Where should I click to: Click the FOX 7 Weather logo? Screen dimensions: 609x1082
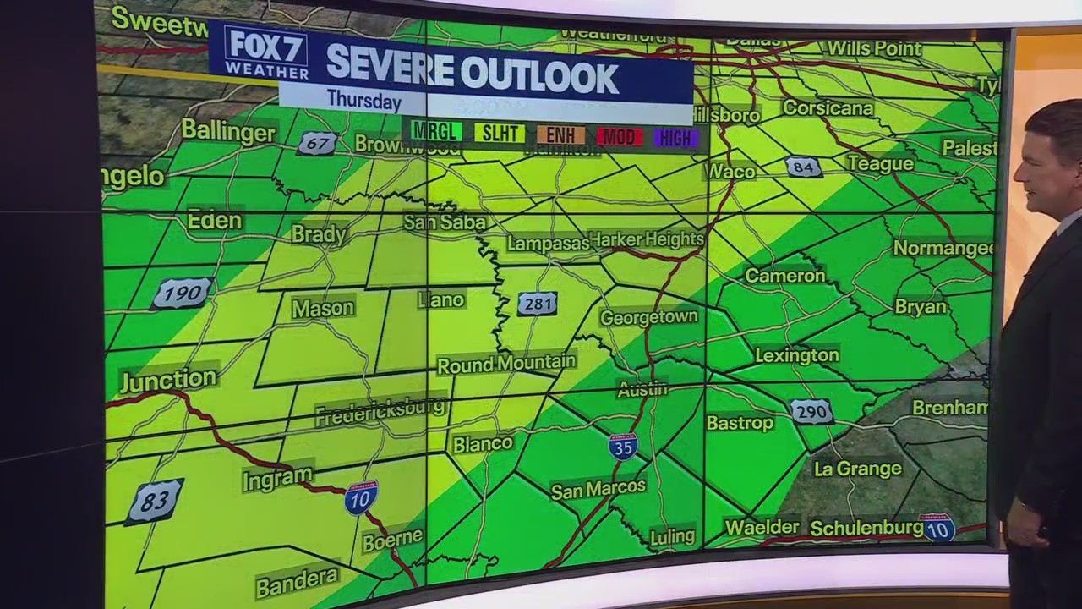(266, 52)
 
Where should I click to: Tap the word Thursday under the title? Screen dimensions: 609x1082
(364, 100)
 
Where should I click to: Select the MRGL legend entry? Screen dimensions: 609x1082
(436, 132)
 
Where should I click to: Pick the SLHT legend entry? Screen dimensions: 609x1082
(499, 134)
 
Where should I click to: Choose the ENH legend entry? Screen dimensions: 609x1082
(560, 135)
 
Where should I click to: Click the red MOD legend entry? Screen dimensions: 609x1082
(619, 137)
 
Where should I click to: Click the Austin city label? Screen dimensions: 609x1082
(642, 390)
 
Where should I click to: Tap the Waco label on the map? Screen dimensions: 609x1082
(731, 172)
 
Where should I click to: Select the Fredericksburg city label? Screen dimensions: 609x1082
(380, 412)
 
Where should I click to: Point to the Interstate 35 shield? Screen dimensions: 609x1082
(623, 446)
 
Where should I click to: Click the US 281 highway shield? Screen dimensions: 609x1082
(538, 304)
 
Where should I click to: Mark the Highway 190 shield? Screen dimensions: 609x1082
(182, 294)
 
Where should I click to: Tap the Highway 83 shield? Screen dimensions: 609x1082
(155, 501)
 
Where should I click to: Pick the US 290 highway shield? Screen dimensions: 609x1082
(811, 412)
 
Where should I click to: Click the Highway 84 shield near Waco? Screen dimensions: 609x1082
(803, 167)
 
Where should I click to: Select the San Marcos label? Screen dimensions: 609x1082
(598, 489)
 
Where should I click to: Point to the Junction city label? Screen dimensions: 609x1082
(169, 380)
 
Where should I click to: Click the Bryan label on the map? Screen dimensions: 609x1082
(921, 307)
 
